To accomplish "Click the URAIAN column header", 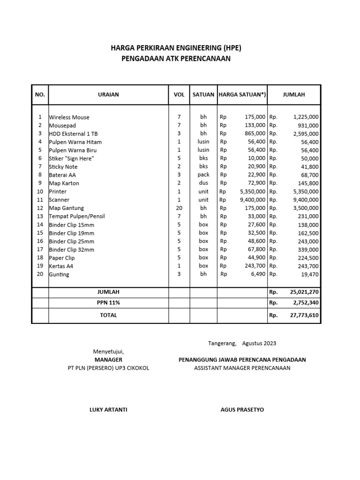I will tap(108, 95).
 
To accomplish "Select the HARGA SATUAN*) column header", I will tap(242, 95).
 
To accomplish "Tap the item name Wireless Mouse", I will tap(69, 117).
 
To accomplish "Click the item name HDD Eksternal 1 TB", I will tap(74, 134).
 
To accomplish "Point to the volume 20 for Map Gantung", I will tap(179, 208).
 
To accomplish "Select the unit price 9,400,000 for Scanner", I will tap(252, 200).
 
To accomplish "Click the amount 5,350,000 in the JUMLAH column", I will tap(306, 192).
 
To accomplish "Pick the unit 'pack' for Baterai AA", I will tap(203, 175).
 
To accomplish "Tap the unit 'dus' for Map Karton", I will tap(203, 183).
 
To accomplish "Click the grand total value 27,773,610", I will tap(304, 315).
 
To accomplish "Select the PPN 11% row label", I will tap(108, 303).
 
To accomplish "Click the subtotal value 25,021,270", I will tap(304, 292).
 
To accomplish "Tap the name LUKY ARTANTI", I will tap(108, 410).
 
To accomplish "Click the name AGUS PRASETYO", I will tap(242, 410).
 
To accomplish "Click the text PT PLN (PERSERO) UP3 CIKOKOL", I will tap(108, 368).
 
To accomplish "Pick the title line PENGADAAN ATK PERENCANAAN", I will tap(176, 59).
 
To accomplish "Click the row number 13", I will tap(40, 216).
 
